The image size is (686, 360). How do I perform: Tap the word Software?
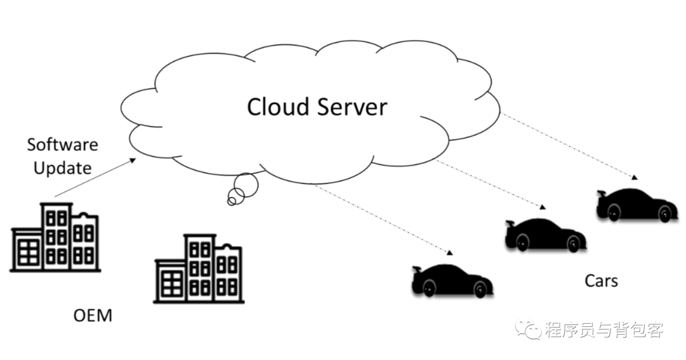pyautogui.click(x=62, y=144)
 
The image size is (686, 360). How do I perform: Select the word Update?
pyautogui.click(x=62, y=168)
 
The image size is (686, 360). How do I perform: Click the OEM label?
pyautogui.click(x=93, y=315)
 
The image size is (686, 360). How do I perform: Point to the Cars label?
pyautogui.click(x=600, y=280)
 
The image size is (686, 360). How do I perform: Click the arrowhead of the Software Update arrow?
pyautogui.click(x=133, y=160)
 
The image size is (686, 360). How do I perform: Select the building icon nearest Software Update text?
pyautogui.click(x=55, y=237)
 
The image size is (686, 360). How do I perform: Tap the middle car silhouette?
pyautogui.click(x=545, y=235)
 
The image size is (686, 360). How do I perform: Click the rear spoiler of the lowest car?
pyautogui.click(x=417, y=270)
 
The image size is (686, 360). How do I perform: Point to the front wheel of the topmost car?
pyautogui.click(x=665, y=214)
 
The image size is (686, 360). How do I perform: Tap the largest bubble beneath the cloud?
pyautogui.click(x=246, y=185)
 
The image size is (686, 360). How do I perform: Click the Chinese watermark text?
pyautogui.click(x=603, y=330)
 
